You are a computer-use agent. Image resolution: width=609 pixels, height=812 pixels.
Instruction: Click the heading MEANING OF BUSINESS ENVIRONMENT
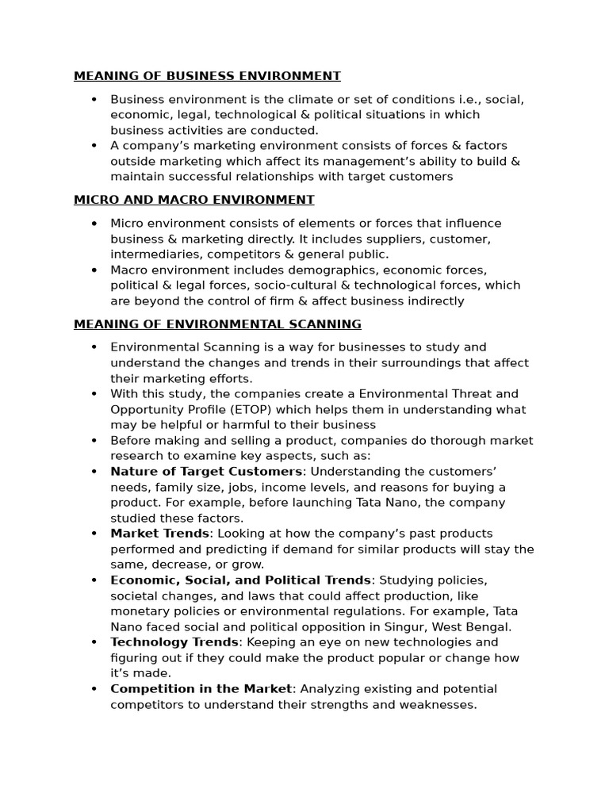pyautogui.click(x=207, y=76)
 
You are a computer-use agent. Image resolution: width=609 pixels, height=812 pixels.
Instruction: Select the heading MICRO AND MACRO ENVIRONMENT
pyautogui.click(x=193, y=200)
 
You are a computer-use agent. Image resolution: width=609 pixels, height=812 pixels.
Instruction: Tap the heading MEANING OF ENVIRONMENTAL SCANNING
pyautogui.click(x=217, y=324)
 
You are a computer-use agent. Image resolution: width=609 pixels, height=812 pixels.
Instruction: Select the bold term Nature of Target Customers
pyautogui.click(x=206, y=472)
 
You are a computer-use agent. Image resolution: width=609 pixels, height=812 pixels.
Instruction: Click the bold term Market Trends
pyautogui.click(x=159, y=534)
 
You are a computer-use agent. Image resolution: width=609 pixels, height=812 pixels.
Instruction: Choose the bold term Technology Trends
pyautogui.click(x=174, y=642)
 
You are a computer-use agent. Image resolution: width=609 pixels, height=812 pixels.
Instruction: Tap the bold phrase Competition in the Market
pyautogui.click(x=201, y=689)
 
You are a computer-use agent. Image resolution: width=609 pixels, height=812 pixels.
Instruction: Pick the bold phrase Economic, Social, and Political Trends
pyautogui.click(x=240, y=580)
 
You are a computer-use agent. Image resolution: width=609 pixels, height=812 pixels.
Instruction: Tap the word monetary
pyautogui.click(x=138, y=611)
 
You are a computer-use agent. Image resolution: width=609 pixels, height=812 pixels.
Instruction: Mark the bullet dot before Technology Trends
pyautogui.click(x=94, y=642)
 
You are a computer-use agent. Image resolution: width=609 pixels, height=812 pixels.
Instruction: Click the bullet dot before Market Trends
pyautogui.click(x=94, y=534)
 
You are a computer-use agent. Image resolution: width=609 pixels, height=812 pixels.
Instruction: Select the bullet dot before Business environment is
pyautogui.click(x=94, y=100)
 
